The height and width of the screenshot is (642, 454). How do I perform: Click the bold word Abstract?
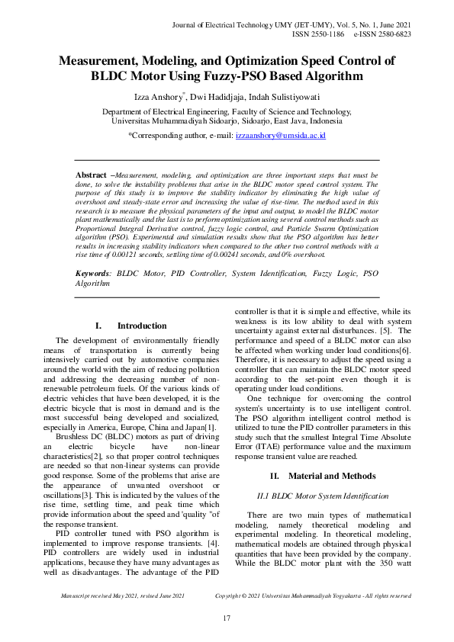91,175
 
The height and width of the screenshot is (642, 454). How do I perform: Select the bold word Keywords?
93,250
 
